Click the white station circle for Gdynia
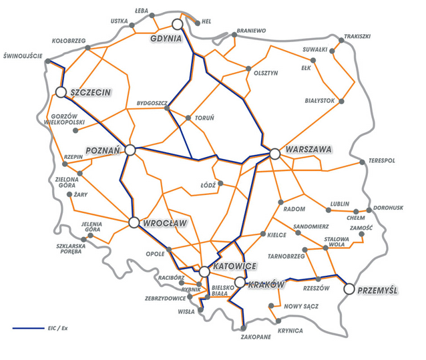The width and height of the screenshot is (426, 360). pos(178,25)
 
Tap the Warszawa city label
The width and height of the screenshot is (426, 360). pos(307,150)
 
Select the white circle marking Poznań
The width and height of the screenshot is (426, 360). pos(130,150)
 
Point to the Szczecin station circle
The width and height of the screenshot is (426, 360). pos(61,92)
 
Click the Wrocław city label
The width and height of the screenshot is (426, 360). pos(164,222)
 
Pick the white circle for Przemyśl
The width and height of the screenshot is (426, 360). pos(349,289)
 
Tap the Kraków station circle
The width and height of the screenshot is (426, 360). pos(240,283)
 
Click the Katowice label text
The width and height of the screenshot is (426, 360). pos(234,266)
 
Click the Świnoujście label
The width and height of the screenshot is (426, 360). pos(25,55)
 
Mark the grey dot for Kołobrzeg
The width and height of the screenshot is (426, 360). pos(87,48)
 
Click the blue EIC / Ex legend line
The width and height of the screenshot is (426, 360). pos(29,329)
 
